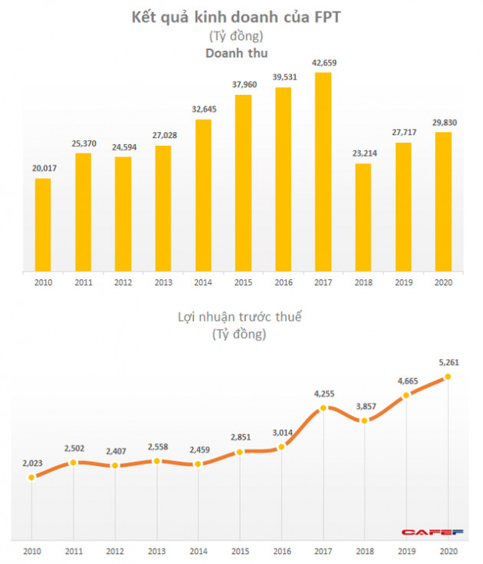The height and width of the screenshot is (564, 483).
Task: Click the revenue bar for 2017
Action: click(324, 173)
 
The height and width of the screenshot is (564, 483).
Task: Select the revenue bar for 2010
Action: click(43, 226)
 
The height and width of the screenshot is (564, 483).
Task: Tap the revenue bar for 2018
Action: click(363, 218)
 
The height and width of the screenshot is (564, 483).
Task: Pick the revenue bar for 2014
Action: click(203, 196)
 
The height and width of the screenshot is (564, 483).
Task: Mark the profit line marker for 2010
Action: click(31, 477)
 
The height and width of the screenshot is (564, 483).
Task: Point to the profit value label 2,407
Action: click(115, 451)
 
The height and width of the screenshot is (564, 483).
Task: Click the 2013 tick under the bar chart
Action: click(163, 282)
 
